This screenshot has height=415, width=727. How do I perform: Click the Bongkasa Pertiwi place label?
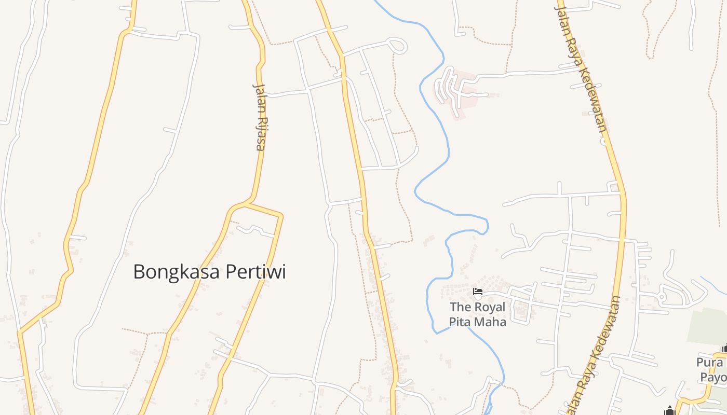coord(209,272)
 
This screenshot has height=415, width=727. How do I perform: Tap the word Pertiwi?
coord(254,272)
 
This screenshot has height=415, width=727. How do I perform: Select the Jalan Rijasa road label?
coord(260,116)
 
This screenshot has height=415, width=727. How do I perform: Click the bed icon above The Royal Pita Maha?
coord(478,292)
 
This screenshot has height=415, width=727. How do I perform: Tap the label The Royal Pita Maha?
coord(477,314)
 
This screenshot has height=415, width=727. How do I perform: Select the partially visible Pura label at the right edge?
coord(712,369)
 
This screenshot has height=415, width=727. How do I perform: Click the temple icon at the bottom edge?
coord(669,410)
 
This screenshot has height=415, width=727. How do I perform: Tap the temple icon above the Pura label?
coord(724,349)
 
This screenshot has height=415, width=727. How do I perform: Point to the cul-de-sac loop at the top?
coord(398,46)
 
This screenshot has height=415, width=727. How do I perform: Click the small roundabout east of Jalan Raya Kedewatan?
coord(662,297)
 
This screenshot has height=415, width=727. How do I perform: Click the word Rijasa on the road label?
coord(260,134)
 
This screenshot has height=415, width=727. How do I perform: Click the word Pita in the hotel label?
coord(462,321)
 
